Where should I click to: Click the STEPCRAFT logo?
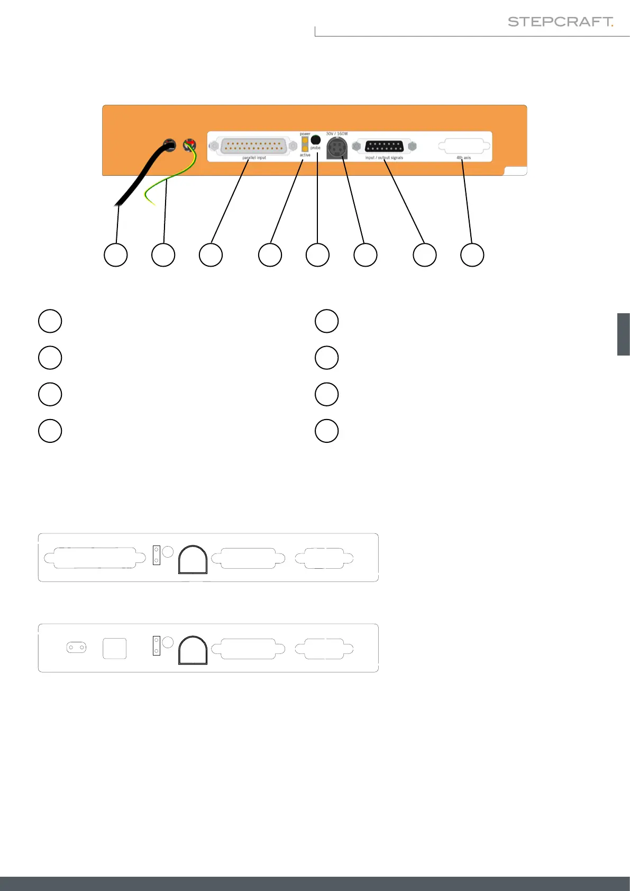pos(560,22)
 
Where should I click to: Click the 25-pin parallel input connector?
pos(254,146)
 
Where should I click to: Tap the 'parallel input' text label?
pos(254,158)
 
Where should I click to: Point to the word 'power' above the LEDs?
pos(305,134)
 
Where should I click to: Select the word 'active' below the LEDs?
pos(305,155)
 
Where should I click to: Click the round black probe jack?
pos(315,140)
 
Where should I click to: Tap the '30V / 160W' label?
pos(337,134)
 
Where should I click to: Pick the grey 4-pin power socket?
pos(337,148)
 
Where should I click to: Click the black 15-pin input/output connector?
pos(385,147)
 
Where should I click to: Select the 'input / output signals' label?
pos(384,158)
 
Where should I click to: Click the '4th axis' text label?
pos(463,158)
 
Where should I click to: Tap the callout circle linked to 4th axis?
pos(472,255)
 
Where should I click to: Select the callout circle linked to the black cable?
pos(115,255)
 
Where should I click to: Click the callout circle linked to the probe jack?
pos(317,255)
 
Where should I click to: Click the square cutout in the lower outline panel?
pos(114,648)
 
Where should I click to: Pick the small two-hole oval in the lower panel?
pos(76,648)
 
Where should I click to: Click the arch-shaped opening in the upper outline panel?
pos(193,559)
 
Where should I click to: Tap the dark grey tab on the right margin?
pos(623,334)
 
